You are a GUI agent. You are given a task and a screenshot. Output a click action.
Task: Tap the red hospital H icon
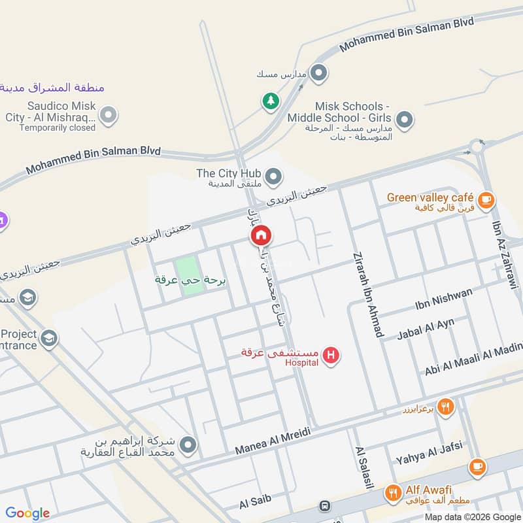point(331,356)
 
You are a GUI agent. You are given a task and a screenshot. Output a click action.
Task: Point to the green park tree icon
point(269,101)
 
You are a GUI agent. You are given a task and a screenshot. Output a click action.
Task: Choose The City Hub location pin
point(274,175)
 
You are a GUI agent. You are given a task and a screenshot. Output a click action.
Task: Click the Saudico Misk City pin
point(109,116)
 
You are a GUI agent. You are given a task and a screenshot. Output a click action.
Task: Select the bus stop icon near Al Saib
point(324,506)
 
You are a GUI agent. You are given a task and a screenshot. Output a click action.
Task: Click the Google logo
point(27,513)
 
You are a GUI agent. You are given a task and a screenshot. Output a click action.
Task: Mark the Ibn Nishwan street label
point(443,299)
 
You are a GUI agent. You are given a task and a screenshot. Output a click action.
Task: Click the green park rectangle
point(187,275)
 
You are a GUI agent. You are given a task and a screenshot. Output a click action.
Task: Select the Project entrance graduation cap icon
point(48,339)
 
